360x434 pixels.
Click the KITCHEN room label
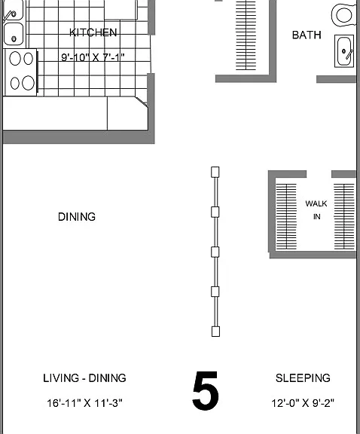click(x=93, y=32)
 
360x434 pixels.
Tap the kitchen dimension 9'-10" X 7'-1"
click(x=93, y=57)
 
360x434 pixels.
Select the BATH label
click(x=307, y=35)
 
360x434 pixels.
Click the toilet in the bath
click(x=344, y=15)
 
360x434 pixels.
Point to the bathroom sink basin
click(x=344, y=51)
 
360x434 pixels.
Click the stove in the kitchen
click(x=20, y=72)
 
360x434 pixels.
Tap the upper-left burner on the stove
click(x=15, y=59)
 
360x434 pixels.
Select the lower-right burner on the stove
click(x=28, y=83)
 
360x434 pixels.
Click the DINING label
click(x=77, y=217)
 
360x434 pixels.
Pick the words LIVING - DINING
click(x=84, y=378)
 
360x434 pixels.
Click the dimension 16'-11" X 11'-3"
click(x=84, y=403)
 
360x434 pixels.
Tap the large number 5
click(x=206, y=390)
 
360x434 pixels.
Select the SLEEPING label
click(x=303, y=378)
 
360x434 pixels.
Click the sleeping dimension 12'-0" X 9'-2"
click(x=303, y=403)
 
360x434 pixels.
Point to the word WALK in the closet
click(x=316, y=203)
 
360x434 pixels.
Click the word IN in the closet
click(x=317, y=217)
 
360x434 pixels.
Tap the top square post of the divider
click(x=215, y=172)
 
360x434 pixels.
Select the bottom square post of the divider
click(x=215, y=332)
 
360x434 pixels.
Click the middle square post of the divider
click(x=215, y=252)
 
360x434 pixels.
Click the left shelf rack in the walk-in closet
click(x=286, y=216)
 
